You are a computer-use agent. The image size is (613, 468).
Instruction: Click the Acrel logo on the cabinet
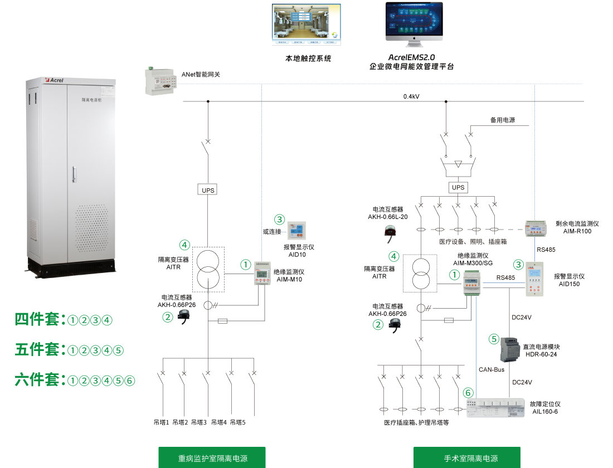(55, 80)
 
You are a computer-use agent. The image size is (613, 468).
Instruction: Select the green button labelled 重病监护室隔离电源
(212, 457)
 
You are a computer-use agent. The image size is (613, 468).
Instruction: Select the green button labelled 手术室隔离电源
(466, 457)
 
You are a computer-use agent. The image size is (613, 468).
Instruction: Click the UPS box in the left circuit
(207, 190)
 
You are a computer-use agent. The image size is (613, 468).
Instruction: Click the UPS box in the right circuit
(458, 188)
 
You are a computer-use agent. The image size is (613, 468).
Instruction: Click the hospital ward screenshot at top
(306, 25)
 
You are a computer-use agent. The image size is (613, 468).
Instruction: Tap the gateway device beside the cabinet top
(160, 81)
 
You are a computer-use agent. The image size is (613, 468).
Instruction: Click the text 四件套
(37, 319)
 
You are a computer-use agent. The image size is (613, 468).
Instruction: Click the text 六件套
(37, 381)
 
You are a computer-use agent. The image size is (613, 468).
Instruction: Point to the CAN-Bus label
(491, 369)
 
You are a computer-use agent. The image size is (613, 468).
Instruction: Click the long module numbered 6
(495, 407)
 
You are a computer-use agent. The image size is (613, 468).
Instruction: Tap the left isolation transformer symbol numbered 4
(208, 269)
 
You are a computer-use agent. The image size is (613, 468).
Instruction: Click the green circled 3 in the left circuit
(280, 220)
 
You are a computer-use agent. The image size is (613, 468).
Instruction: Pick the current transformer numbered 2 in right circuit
(395, 325)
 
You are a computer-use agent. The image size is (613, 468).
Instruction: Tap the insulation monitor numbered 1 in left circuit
(261, 273)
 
